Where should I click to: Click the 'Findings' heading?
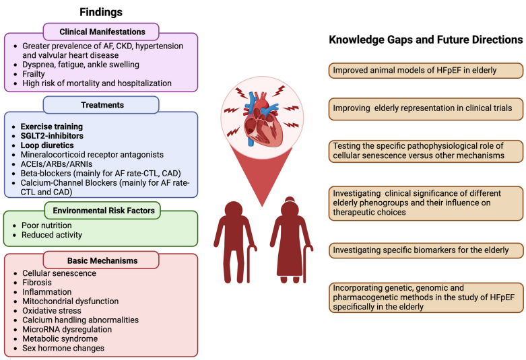[101, 12]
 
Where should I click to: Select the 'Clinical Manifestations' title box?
[101, 32]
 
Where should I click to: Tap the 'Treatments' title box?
[101, 105]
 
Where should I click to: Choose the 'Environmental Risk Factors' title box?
[102, 211]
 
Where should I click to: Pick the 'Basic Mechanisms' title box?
[101, 260]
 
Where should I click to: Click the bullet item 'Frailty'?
[34, 74]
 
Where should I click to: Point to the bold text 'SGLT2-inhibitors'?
[52, 136]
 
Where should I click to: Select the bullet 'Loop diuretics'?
[47, 145]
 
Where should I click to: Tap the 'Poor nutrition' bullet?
[46, 225]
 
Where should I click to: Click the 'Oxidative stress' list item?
[52, 310]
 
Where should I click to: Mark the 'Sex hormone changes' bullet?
[63, 348]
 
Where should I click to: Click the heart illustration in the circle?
[262, 119]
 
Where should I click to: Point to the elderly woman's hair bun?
[290, 199]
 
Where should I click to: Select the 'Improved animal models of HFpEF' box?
[426, 71]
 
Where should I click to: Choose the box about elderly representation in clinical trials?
[426, 108]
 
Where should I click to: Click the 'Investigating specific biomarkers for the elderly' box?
[426, 250]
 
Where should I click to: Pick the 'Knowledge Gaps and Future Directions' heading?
[426, 40]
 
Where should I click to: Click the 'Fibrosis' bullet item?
[37, 282]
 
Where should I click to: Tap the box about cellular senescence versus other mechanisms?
[426, 151]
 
